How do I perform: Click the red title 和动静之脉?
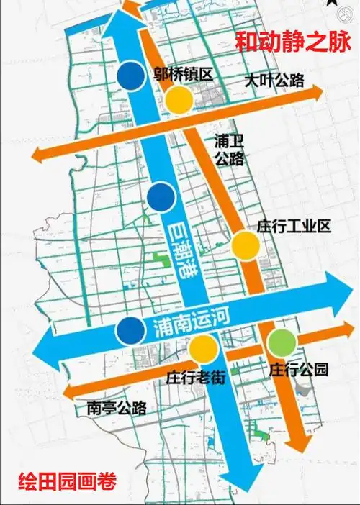click(x=294, y=41)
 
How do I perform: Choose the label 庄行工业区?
click(x=293, y=227)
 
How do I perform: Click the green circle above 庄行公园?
click(x=282, y=340)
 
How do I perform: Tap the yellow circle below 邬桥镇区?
click(x=179, y=99)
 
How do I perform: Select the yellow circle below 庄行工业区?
click(x=246, y=245)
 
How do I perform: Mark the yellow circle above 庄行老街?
click(x=203, y=350)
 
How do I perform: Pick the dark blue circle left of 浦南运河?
click(x=130, y=330)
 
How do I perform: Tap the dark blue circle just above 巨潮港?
click(x=160, y=194)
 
